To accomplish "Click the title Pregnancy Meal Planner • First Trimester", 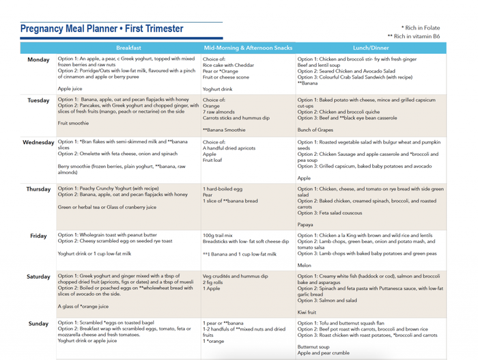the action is point(102,29).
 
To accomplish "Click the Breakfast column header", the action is point(129,49).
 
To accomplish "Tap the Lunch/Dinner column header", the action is point(371,49).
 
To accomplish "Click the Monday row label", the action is point(38,60).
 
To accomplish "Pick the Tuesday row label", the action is point(38,100).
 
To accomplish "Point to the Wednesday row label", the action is point(38,143).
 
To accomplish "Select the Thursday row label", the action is point(38,189).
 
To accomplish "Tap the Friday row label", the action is point(38,236).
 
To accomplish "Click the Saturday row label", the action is point(38,277).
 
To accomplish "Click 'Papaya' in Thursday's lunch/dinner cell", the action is point(305,224).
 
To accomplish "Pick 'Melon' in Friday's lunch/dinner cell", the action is point(305,265).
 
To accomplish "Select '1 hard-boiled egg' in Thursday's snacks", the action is point(223,188).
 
